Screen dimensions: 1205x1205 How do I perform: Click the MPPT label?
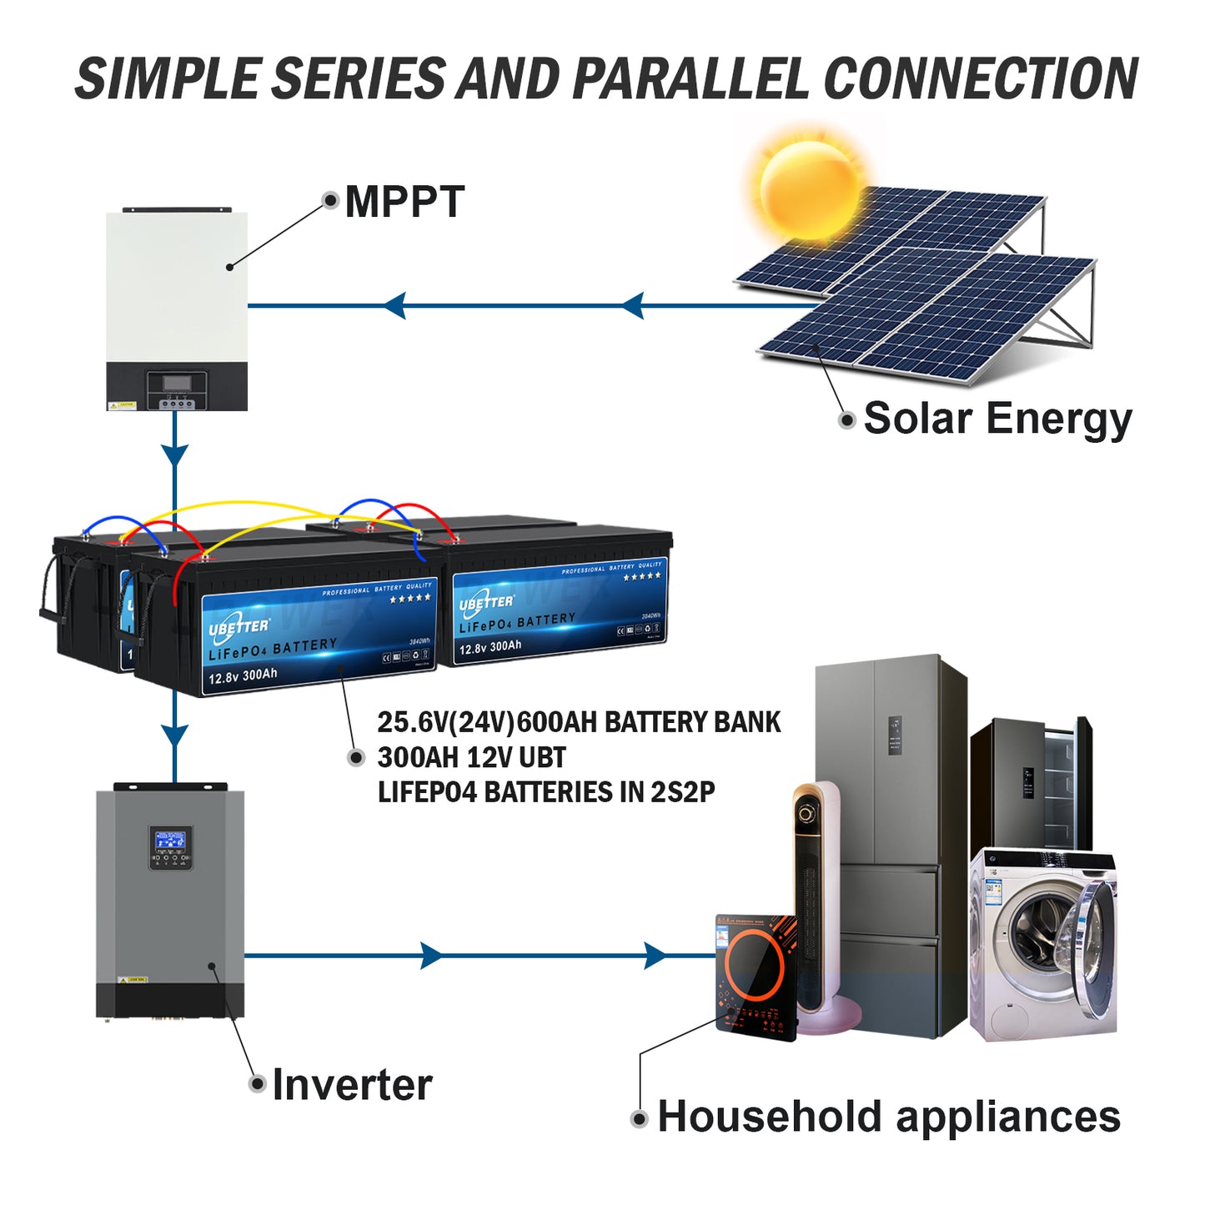pyautogui.click(x=404, y=202)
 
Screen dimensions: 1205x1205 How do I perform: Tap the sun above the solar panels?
pyautogui.click(x=809, y=190)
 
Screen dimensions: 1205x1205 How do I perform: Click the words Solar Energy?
pyautogui.click(x=997, y=419)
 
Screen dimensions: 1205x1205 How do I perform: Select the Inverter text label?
pyautogui.click(x=352, y=1085)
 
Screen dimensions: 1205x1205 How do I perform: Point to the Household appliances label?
pyautogui.click(x=888, y=1117)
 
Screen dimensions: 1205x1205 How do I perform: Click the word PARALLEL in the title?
pyautogui.click(x=690, y=79)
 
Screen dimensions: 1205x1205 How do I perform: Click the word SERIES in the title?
pyautogui.click(x=359, y=79)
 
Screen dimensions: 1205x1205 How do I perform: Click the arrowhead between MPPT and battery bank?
pyautogui.click(x=174, y=455)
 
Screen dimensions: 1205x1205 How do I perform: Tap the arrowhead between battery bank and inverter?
pyautogui.click(x=174, y=736)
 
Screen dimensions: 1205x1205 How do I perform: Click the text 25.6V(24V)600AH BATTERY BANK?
pyautogui.click(x=579, y=722)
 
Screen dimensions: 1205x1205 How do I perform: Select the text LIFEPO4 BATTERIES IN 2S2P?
pyautogui.click(x=546, y=792)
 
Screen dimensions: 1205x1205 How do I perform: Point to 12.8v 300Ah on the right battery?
pyautogui.click(x=490, y=647)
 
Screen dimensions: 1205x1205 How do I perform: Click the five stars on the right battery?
pyautogui.click(x=642, y=576)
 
